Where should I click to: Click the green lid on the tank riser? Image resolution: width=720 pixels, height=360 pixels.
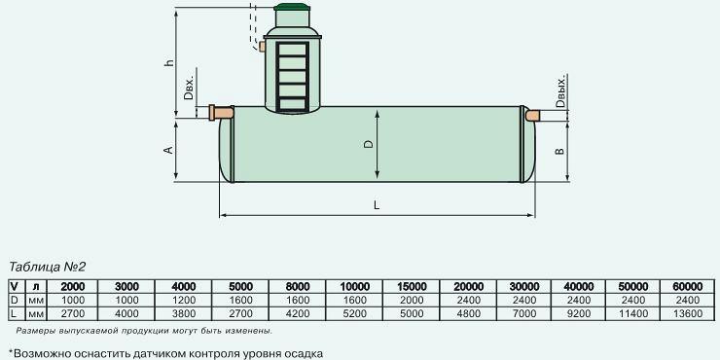[292, 7]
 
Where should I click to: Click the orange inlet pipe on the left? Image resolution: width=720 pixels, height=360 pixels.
[221, 113]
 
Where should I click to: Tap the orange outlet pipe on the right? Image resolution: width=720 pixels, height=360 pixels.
[532, 115]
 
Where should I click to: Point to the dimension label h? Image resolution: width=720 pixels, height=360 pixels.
[170, 62]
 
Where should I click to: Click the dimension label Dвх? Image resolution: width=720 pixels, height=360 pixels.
[189, 88]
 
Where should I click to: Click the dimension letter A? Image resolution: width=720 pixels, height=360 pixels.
[168, 150]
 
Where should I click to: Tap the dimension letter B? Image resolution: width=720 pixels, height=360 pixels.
[559, 151]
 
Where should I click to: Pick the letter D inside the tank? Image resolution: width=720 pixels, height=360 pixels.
[369, 144]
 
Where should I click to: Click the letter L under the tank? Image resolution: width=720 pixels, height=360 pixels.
[377, 204]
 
